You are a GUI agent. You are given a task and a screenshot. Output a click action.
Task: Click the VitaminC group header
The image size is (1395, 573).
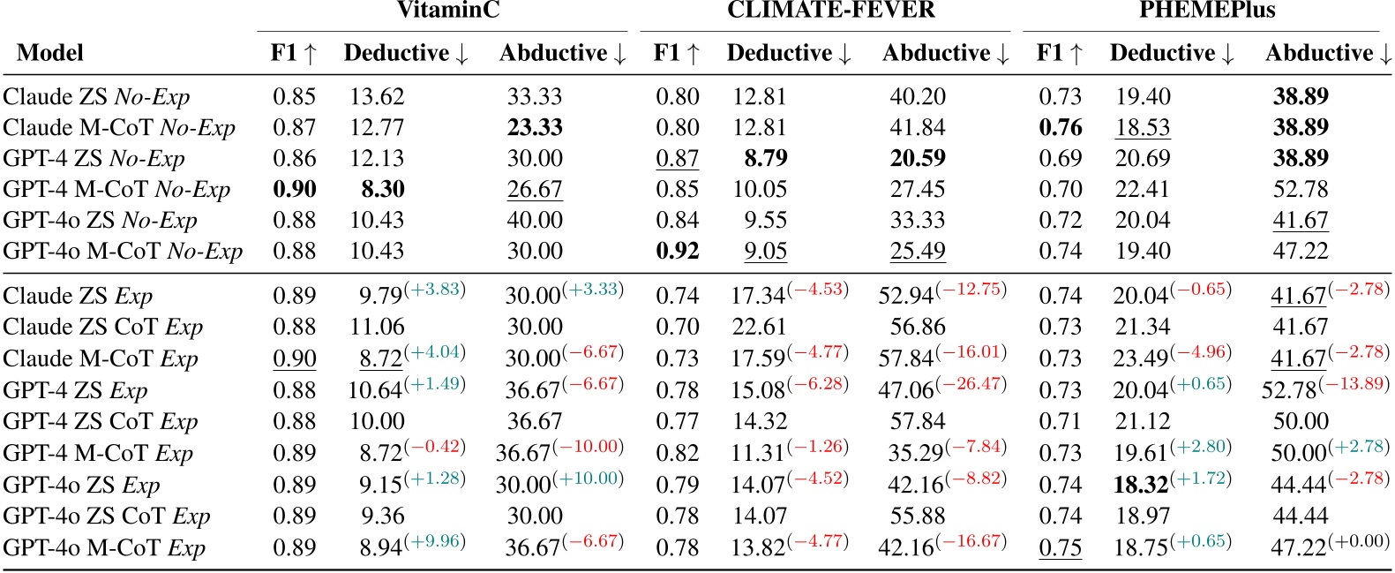[448, 11]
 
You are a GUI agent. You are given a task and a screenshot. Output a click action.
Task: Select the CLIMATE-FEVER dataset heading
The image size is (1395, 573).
[831, 11]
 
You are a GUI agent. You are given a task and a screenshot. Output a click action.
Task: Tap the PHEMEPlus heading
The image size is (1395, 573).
[1207, 11]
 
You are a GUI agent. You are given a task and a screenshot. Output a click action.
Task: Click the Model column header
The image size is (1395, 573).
[50, 54]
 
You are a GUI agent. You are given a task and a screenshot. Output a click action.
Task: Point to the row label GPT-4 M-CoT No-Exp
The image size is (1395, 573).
[116, 190]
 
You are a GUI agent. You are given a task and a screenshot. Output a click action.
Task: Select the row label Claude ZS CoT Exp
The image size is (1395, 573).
[103, 328]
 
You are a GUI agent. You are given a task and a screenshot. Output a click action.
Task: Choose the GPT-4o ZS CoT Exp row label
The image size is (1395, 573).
[107, 516]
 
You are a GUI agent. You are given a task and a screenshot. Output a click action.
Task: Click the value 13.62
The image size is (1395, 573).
[377, 97]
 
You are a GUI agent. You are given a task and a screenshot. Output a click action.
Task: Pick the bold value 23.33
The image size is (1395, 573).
[535, 128]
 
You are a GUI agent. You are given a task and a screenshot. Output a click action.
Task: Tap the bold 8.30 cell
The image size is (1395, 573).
[383, 190]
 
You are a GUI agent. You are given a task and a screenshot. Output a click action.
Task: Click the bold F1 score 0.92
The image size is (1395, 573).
[678, 252]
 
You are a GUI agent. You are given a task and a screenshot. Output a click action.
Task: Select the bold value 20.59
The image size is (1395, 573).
[918, 159]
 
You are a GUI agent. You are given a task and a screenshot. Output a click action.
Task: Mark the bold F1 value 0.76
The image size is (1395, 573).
[1061, 128]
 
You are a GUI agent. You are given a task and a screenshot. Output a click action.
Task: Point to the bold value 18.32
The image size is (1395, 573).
[1142, 485]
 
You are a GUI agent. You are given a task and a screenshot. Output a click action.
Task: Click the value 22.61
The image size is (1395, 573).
[760, 328]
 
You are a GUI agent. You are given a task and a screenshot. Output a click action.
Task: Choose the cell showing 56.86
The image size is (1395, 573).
[918, 328]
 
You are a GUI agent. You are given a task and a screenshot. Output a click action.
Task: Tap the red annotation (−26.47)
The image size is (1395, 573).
[971, 383]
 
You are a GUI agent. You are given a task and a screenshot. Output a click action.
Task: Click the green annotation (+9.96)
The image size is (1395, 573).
[435, 540]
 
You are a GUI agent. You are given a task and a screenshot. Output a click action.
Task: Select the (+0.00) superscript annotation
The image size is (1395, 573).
[1359, 540]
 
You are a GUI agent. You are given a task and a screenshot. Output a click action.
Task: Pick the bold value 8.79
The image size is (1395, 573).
[766, 159]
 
